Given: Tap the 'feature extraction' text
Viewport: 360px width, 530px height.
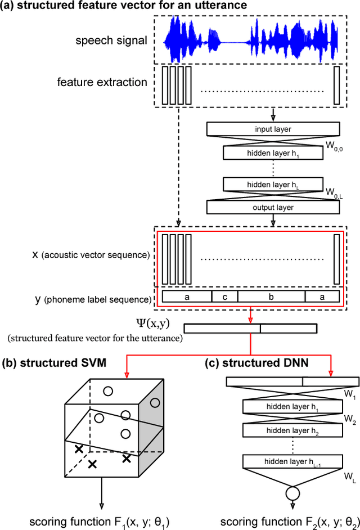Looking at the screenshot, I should pos(102,82).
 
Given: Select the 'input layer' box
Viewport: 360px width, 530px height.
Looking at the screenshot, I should pos(273,129).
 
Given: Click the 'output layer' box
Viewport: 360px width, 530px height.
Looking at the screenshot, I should pos(273,206).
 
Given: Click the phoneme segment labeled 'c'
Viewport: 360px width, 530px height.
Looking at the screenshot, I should pos(224,297).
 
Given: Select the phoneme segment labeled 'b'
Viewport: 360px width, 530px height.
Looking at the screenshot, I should pos(271,297).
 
